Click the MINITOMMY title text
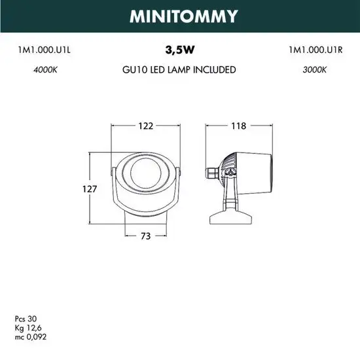pyautogui.click(x=179, y=16)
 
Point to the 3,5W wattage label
pyautogui.click(x=179, y=49)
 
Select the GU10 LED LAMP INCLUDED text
pyautogui.click(x=179, y=69)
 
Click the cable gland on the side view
pyautogui.click(x=211, y=172)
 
